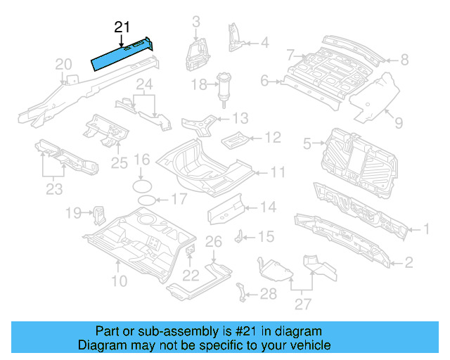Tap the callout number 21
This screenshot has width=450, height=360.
[122, 27]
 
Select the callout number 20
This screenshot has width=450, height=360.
[63, 65]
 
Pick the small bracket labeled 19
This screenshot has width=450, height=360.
[99, 212]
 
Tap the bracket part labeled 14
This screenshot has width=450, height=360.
[226, 208]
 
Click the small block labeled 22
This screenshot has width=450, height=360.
[191, 250]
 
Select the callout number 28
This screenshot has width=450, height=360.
[269, 294]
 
